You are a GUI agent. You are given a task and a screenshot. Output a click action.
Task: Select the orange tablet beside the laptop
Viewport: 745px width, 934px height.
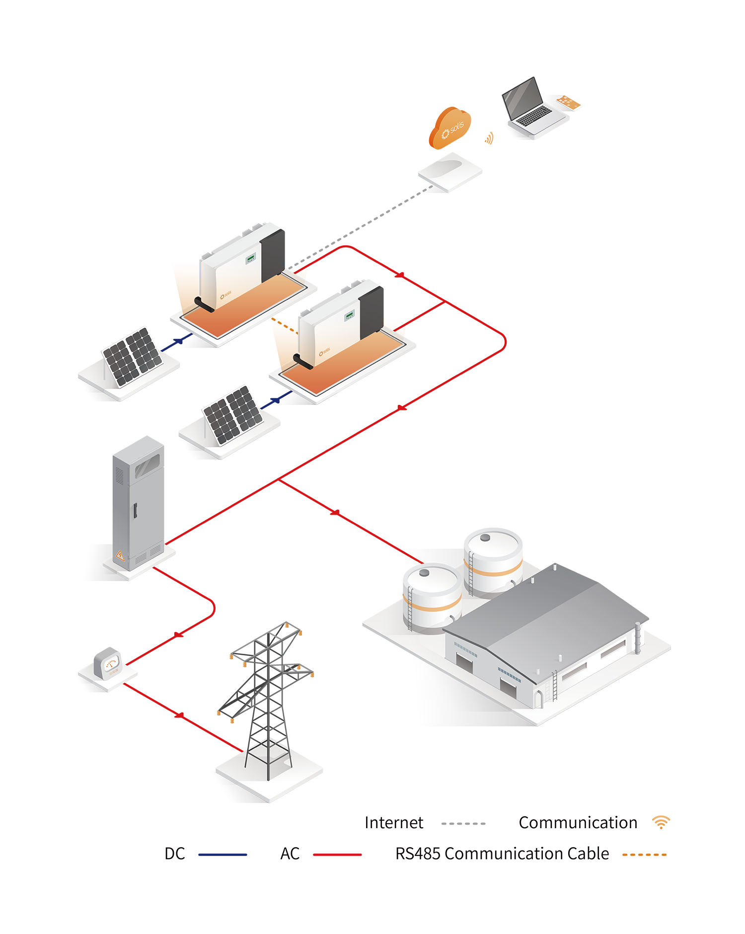pos(568,102)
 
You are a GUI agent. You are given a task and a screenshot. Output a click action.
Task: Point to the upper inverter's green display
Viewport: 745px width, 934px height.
pos(251,258)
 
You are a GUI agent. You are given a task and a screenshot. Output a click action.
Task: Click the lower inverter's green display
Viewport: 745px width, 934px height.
pos(350,314)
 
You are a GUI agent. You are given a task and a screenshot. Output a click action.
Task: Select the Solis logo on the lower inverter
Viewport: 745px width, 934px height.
pos(324,353)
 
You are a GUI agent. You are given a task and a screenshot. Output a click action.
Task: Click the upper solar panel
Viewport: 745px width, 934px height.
pos(133,356)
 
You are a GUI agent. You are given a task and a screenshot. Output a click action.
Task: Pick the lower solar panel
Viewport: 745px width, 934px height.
pos(233,414)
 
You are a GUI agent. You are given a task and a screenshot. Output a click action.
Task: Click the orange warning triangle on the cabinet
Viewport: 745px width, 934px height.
pos(120,554)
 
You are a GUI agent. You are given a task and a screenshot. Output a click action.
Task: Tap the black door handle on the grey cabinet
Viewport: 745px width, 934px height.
pos(135,511)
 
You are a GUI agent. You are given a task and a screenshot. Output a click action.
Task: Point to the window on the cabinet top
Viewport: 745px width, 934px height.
pos(148,465)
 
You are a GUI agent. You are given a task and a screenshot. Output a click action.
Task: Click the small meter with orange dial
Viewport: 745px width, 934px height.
pos(111,666)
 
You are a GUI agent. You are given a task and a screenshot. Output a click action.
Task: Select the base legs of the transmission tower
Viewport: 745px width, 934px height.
pos(268,755)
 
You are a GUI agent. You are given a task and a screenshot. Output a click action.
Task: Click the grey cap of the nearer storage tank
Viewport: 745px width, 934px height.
pos(425,573)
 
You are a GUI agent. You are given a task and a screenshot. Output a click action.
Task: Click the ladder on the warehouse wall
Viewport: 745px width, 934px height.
pos(554,686)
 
